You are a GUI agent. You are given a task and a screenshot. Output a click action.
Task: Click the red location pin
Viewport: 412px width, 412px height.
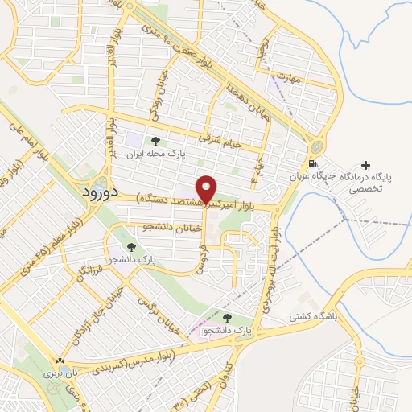(x=207, y=189)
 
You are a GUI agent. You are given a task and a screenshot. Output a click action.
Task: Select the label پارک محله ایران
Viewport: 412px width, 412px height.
(x=159, y=152)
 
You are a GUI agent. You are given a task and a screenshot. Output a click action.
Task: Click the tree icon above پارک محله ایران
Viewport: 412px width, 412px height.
(x=156, y=141)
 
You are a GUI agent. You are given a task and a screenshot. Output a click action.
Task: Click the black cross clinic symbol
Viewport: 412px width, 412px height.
(x=366, y=164)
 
